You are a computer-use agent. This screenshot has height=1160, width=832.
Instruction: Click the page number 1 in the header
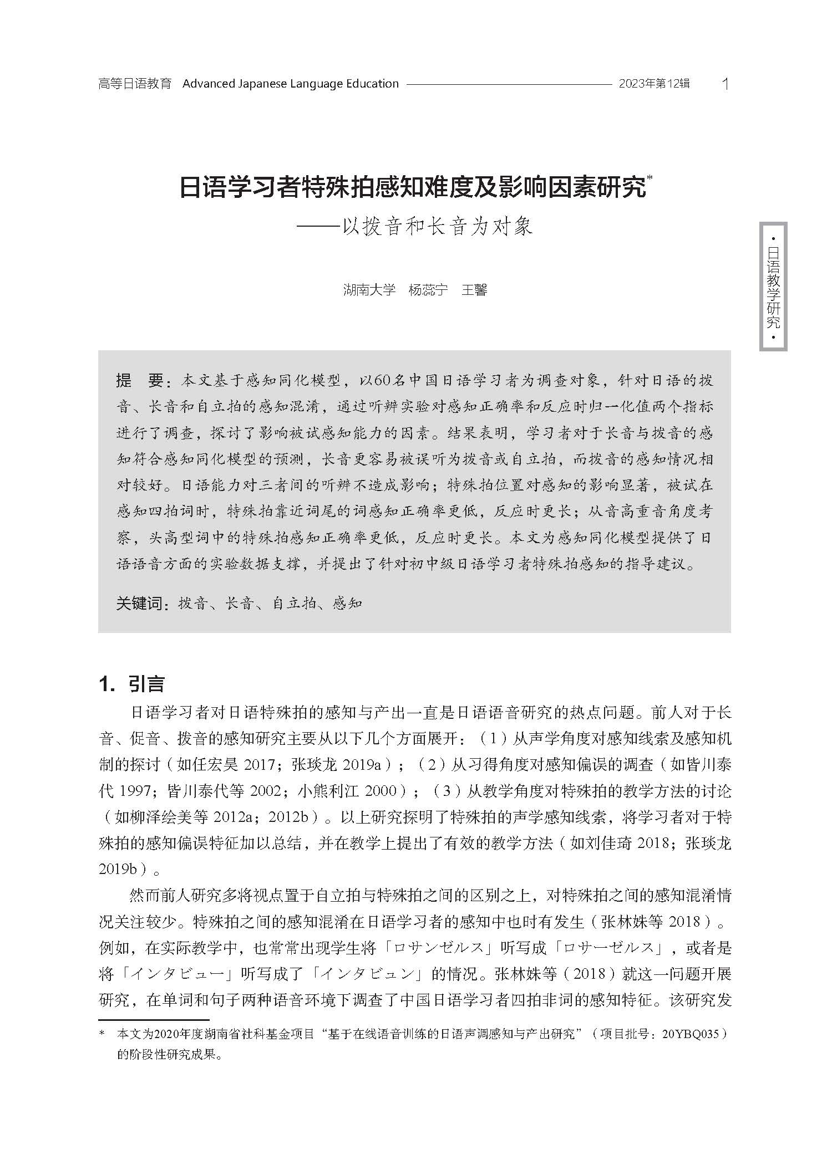(726, 84)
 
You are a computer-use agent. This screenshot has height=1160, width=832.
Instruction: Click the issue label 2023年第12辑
(654, 84)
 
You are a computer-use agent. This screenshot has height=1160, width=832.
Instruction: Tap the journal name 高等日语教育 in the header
(135, 84)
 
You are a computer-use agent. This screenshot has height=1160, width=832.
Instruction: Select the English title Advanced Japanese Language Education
(290, 84)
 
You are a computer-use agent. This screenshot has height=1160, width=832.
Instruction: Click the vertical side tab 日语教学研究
(773, 287)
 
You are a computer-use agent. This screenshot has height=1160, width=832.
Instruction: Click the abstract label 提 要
(139, 380)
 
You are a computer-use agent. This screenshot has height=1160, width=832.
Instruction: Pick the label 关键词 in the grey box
(141, 603)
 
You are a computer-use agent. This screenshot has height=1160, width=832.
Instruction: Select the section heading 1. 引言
(131, 684)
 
